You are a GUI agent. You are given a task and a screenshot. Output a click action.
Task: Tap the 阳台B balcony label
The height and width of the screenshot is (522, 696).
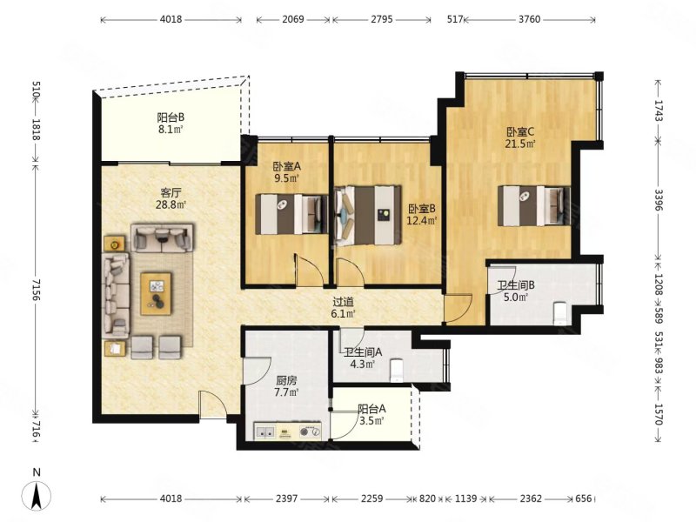[171, 124]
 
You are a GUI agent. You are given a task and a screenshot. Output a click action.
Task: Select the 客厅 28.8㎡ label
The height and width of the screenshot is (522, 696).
[171, 198]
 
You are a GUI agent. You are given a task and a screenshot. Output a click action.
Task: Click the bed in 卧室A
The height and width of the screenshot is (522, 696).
[291, 214]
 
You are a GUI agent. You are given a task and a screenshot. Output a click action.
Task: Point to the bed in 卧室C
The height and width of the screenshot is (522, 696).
[534, 206]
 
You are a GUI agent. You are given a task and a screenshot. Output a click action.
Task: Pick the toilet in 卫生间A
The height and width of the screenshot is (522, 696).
[396, 371]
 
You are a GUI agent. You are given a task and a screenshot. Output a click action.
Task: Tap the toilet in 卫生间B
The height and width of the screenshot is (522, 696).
[560, 313]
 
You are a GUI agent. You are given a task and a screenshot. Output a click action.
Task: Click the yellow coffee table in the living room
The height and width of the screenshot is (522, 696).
[156, 294]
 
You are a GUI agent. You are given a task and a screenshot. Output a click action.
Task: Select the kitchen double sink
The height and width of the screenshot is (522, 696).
[265, 432]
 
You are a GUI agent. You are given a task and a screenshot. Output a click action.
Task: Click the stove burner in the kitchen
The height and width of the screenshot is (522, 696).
[310, 432]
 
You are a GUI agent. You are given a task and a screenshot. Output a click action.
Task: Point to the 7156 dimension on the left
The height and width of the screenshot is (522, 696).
[37, 291]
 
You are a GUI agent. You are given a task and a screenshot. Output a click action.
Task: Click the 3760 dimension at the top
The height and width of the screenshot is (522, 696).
[530, 19]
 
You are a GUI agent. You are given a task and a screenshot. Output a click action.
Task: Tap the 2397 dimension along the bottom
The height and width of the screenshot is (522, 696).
[287, 499]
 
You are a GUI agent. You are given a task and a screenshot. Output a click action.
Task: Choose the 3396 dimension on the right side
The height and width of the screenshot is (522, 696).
[659, 200]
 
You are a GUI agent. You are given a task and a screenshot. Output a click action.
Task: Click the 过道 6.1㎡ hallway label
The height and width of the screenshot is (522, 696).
[344, 308]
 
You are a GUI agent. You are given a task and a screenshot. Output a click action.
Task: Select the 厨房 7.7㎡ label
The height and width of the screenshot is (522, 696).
[286, 386]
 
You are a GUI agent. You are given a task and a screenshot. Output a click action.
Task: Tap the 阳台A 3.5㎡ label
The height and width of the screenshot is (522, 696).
[371, 415]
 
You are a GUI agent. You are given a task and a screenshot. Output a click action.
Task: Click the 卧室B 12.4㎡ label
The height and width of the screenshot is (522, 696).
[422, 214]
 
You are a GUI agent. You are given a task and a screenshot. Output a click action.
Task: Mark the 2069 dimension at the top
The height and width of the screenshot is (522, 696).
[293, 19]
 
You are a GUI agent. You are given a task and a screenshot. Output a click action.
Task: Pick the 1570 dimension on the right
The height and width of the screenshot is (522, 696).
[659, 414]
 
